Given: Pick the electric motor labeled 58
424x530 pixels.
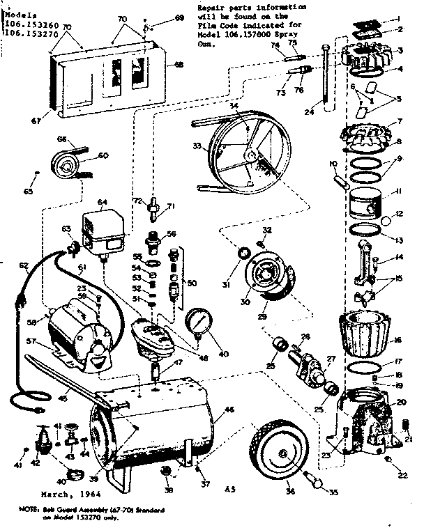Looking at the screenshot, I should pyautogui.click(x=76, y=333).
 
